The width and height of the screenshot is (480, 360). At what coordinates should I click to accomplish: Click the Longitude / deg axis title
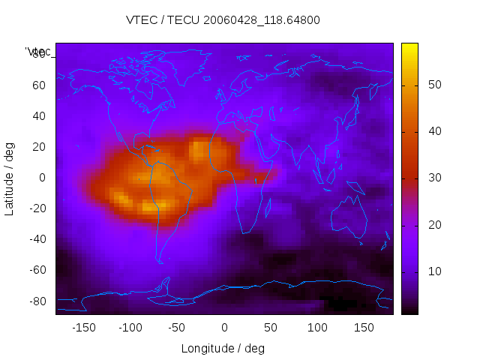click(223, 348)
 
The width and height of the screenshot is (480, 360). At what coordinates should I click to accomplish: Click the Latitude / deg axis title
click(10, 178)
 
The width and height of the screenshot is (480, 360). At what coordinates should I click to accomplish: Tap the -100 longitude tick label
click(130, 328)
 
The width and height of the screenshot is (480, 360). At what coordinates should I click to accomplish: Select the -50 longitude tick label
click(177, 328)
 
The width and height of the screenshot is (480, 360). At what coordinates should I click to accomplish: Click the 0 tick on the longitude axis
click(224, 328)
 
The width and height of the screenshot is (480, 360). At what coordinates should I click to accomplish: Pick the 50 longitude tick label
click(271, 328)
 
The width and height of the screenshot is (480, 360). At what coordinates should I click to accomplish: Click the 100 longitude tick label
click(317, 328)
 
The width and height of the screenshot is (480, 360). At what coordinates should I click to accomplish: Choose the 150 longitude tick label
click(364, 328)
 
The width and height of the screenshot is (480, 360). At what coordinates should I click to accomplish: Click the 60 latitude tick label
click(38, 85)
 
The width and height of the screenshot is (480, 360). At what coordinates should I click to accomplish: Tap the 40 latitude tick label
click(38, 116)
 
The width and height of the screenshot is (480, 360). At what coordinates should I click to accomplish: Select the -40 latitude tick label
click(36, 239)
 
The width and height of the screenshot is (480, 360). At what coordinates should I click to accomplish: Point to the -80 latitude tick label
click(36, 301)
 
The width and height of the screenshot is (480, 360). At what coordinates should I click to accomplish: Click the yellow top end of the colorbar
click(409, 47)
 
